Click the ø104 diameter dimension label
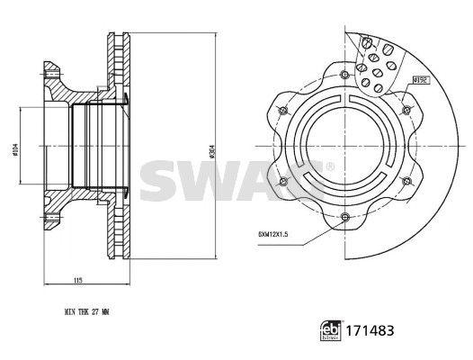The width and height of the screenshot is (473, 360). point(15,150)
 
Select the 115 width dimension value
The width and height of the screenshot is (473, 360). point(79,282)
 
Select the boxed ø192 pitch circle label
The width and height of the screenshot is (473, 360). point(419,80)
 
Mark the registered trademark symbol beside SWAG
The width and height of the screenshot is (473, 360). point(330,166)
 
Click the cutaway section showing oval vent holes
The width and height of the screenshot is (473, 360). point(375,60)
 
